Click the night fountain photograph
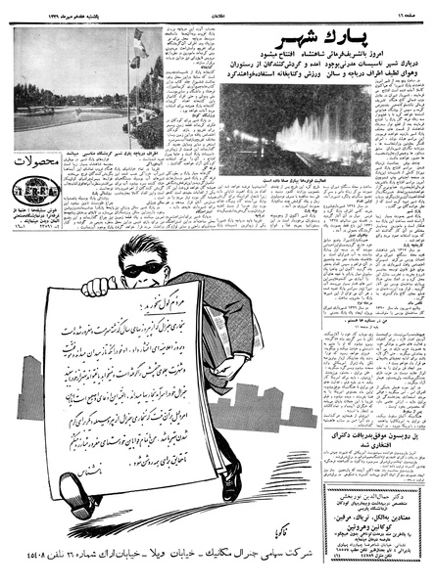coord(294,134)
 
